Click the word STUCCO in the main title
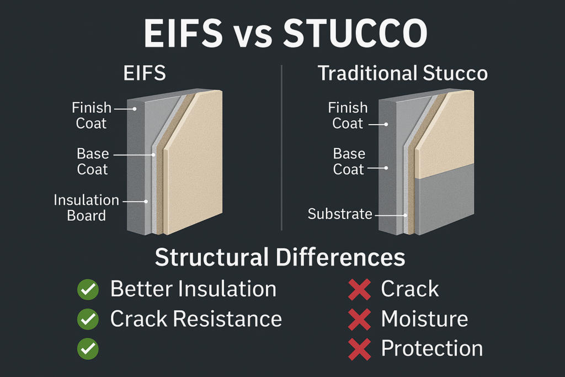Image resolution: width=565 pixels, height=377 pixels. (x=355, y=34)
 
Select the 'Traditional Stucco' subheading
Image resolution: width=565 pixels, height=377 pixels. (x=403, y=73)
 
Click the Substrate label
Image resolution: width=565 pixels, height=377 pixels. (x=340, y=214)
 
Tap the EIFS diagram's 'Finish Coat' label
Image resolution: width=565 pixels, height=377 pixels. (x=91, y=115)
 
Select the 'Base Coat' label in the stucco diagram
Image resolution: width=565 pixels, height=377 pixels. (x=349, y=161)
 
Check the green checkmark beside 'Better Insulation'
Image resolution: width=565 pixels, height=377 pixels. (x=88, y=289)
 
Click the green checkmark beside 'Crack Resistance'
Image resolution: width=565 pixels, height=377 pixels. (x=88, y=319)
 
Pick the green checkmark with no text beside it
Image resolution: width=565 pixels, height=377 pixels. (x=88, y=349)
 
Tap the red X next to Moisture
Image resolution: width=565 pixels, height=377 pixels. (x=359, y=319)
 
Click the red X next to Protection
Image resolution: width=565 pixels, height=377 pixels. (x=359, y=349)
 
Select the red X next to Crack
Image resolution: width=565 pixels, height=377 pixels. (x=359, y=289)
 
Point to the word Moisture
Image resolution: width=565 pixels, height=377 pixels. (x=424, y=318)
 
